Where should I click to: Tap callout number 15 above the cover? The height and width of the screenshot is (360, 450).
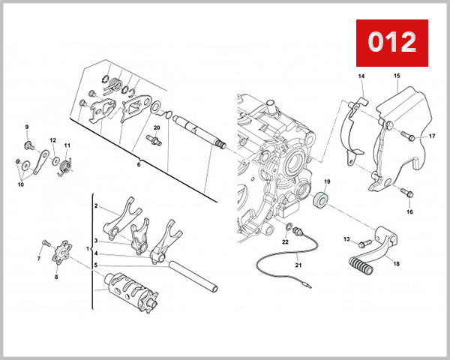pos(397,76)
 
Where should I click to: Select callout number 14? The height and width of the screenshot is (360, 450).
pos(361,77)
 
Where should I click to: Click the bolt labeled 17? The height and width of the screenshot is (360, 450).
pos(407,136)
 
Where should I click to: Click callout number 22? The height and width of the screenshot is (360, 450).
pos(285,241)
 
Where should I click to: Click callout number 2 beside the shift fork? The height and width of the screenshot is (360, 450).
pos(96,205)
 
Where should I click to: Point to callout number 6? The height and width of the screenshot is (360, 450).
pos(137,163)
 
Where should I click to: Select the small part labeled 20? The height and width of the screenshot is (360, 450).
pos(156,140)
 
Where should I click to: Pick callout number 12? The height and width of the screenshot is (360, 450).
pos(53,140)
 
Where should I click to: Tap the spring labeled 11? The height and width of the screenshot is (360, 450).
pos(67,163)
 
